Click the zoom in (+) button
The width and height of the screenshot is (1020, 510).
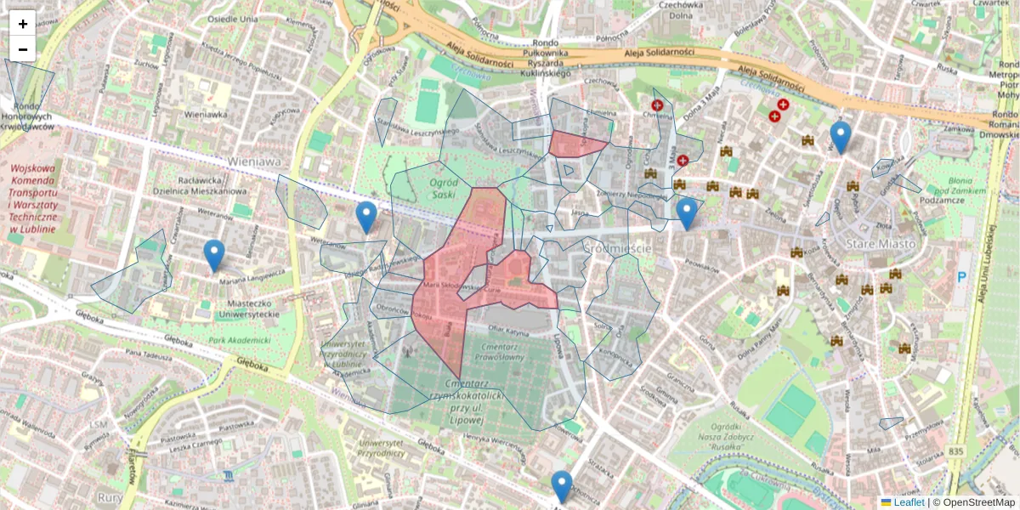point(22,23)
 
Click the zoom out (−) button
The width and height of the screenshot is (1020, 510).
point(22,48)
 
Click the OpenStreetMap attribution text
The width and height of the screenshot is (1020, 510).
point(974,502)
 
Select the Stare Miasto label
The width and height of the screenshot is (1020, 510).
point(881,244)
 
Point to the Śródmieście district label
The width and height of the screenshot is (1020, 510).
point(617,248)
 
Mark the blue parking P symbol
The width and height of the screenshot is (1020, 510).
point(962,277)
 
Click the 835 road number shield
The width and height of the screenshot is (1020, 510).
point(956,452)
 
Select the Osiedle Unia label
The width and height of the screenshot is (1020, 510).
point(233,19)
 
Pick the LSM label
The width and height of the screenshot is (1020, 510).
point(99,424)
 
